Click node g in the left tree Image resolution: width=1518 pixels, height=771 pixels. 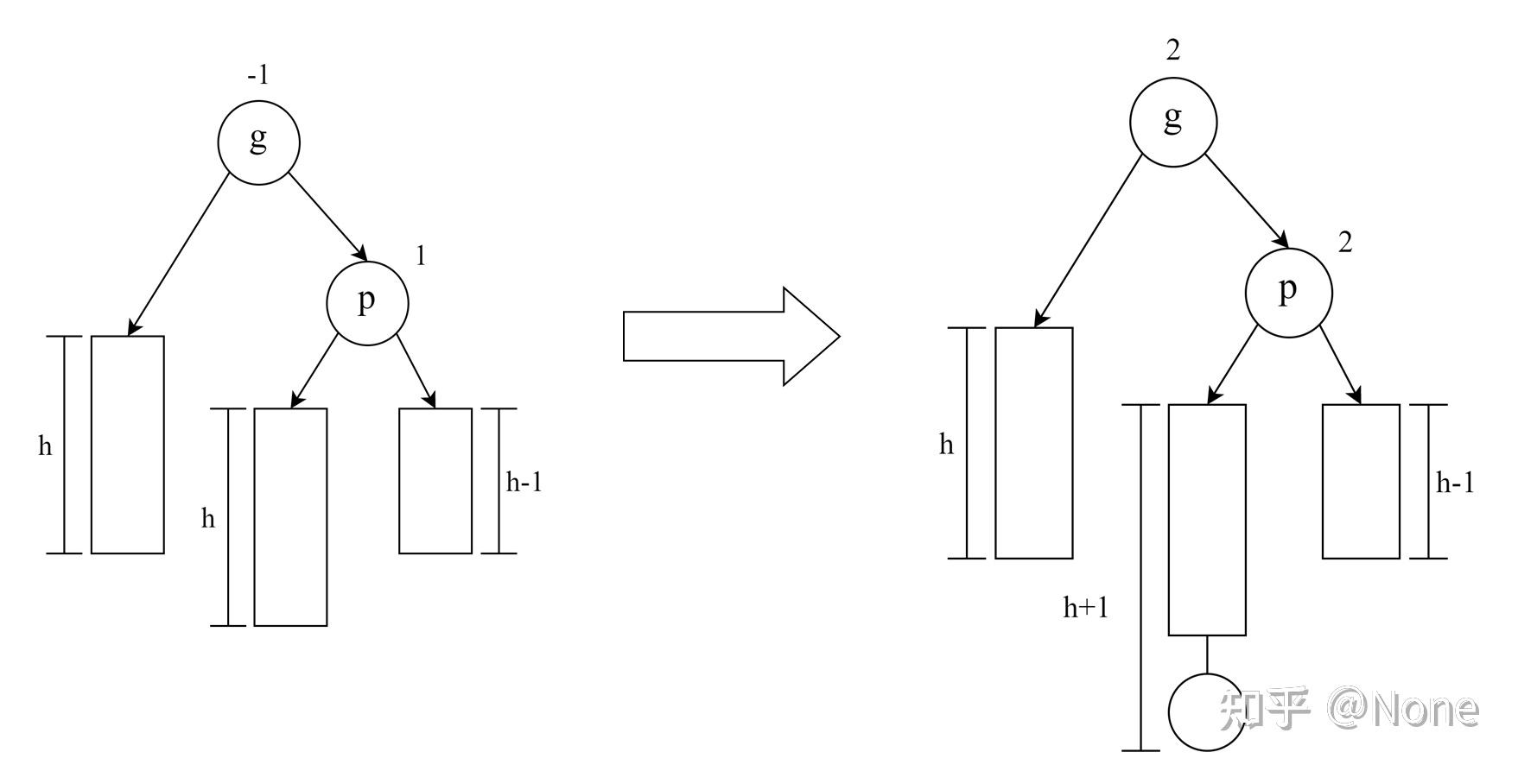point(258,142)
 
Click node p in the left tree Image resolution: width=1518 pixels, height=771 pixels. point(367,303)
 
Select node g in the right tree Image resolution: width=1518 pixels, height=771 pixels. point(1173,121)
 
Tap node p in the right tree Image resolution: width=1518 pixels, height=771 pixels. point(1288,292)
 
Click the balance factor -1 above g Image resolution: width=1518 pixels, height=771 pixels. point(257,76)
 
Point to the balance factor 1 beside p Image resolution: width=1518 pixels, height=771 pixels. point(421,256)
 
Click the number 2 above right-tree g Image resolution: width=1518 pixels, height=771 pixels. point(1172,51)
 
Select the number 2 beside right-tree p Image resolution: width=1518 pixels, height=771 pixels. point(1345,243)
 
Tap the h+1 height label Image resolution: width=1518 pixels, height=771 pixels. point(1085,609)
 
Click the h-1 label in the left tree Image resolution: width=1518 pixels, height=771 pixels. point(524,482)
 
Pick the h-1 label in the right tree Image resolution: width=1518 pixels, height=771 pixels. point(1455,483)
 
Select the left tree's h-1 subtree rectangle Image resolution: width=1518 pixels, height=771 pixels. point(435,480)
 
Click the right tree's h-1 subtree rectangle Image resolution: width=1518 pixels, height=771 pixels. point(1361,481)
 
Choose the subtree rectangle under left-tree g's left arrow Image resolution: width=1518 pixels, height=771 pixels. point(128,444)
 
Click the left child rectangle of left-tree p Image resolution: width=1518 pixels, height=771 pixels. point(290,516)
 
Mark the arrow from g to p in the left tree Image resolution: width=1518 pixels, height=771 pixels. point(327,216)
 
